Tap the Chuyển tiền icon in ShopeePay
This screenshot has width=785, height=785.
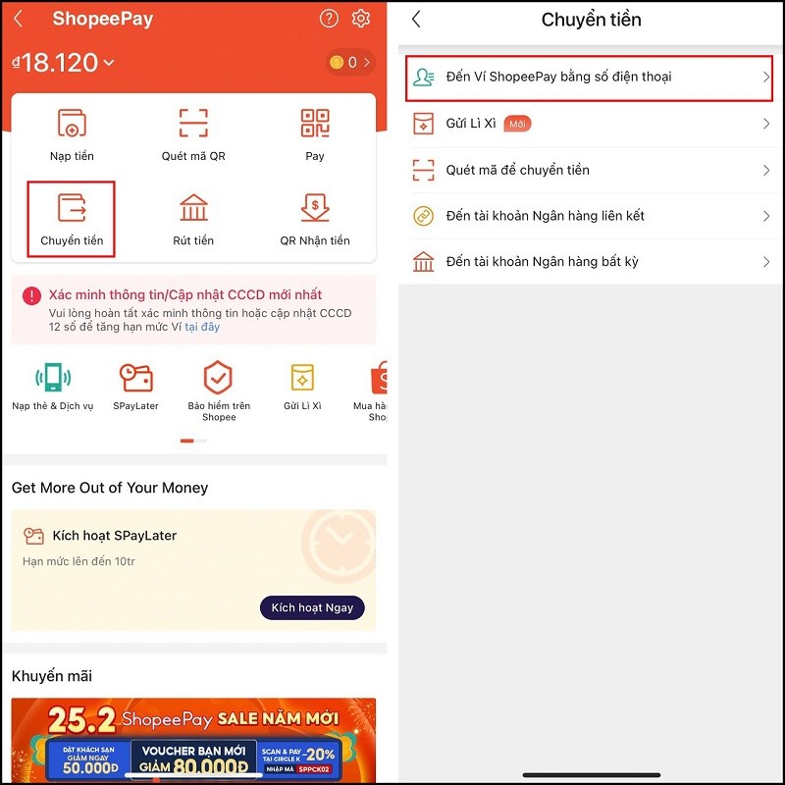pos(72,208)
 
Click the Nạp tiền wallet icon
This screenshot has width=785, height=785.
pos(72,124)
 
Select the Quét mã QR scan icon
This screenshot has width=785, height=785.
pos(193,124)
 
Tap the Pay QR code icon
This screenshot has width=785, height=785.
pos(314,124)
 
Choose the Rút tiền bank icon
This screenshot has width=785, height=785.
pos(193,208)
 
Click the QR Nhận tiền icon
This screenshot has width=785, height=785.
pos(314,208)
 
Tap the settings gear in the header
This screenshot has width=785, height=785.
pos(360,19)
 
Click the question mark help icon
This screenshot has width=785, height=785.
pos(329,19)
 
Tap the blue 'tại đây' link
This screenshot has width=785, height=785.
pos(202,327)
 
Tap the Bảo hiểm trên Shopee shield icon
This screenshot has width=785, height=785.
pos(218,379)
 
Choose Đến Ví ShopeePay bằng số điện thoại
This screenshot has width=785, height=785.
pos(558,78)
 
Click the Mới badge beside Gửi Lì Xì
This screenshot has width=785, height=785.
pos(517,124)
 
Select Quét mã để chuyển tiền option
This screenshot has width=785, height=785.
pos(517,170)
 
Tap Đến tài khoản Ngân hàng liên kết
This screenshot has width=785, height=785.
pos(545,216)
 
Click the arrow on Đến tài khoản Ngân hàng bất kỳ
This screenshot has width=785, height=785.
pos(766,262)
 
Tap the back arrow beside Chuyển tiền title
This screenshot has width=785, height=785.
pos(416,20)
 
